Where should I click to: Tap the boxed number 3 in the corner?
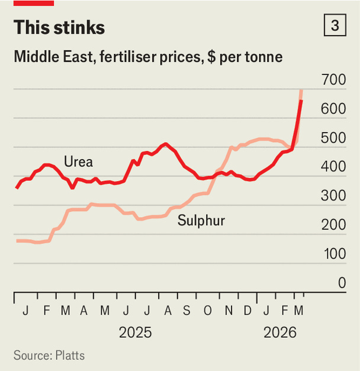pos(335,27)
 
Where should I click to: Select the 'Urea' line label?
pos(78,162)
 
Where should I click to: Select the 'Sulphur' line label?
pos(201,221)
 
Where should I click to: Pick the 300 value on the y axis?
pos(333,196)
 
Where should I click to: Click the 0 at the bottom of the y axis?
pos(342,283)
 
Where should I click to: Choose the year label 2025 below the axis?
pos(135,333)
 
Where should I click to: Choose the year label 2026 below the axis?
pos(280,333)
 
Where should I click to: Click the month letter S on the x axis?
pos(187,311)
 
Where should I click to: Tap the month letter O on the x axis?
pos(207,311)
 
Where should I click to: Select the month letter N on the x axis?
pos(228,311)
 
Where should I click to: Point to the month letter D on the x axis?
pos(247,311)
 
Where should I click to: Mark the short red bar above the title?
pos(34,3)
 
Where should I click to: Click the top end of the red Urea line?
pos(301,102)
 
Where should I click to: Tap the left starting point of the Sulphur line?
pos(17,241)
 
